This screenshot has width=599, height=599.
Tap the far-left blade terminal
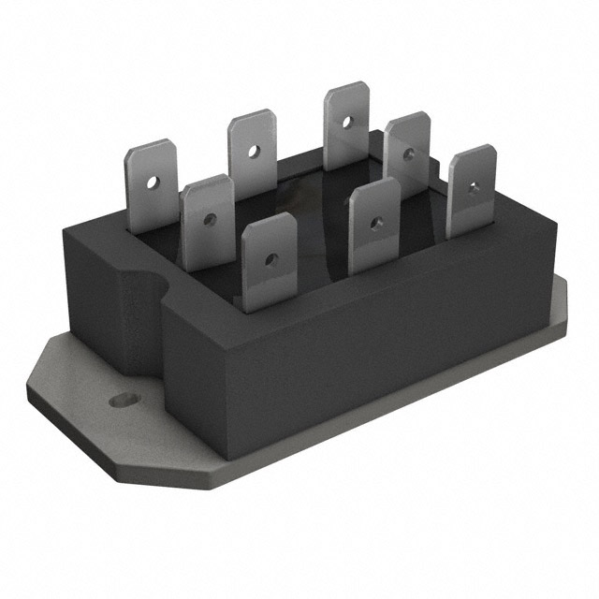tap(152, 185)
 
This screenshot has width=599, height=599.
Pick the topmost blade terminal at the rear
tap(345, 124)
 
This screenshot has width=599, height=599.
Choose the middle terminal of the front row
tap(373, 225)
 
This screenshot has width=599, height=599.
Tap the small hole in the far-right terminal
tap(474, 187)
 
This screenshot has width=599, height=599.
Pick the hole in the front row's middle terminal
tap(375, 223)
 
